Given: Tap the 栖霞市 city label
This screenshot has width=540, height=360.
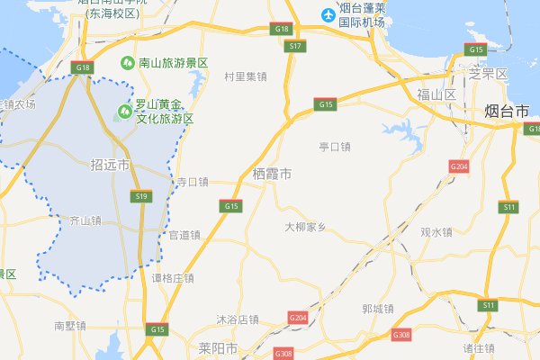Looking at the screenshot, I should point(272,173).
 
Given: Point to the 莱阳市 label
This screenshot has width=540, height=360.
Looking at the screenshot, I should point(220,346).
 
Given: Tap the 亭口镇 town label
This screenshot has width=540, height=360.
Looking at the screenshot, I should point(335,146).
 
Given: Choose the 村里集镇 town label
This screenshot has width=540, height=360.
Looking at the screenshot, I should point(246,76).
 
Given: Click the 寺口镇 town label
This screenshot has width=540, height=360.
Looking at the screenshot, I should point(191,182).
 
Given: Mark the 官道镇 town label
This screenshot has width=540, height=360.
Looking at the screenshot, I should point(184,236).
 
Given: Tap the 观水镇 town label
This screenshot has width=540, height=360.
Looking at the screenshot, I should point(436,232).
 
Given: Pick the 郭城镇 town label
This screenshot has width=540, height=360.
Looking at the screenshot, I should point(377,309).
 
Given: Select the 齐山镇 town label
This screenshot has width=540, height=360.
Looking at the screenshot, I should point(85,220).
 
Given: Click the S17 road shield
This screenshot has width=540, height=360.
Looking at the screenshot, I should point(294,45).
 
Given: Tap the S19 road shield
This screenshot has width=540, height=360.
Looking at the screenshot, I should point(140,195).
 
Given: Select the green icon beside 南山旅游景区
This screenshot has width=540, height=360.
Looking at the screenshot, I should point(129,64).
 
